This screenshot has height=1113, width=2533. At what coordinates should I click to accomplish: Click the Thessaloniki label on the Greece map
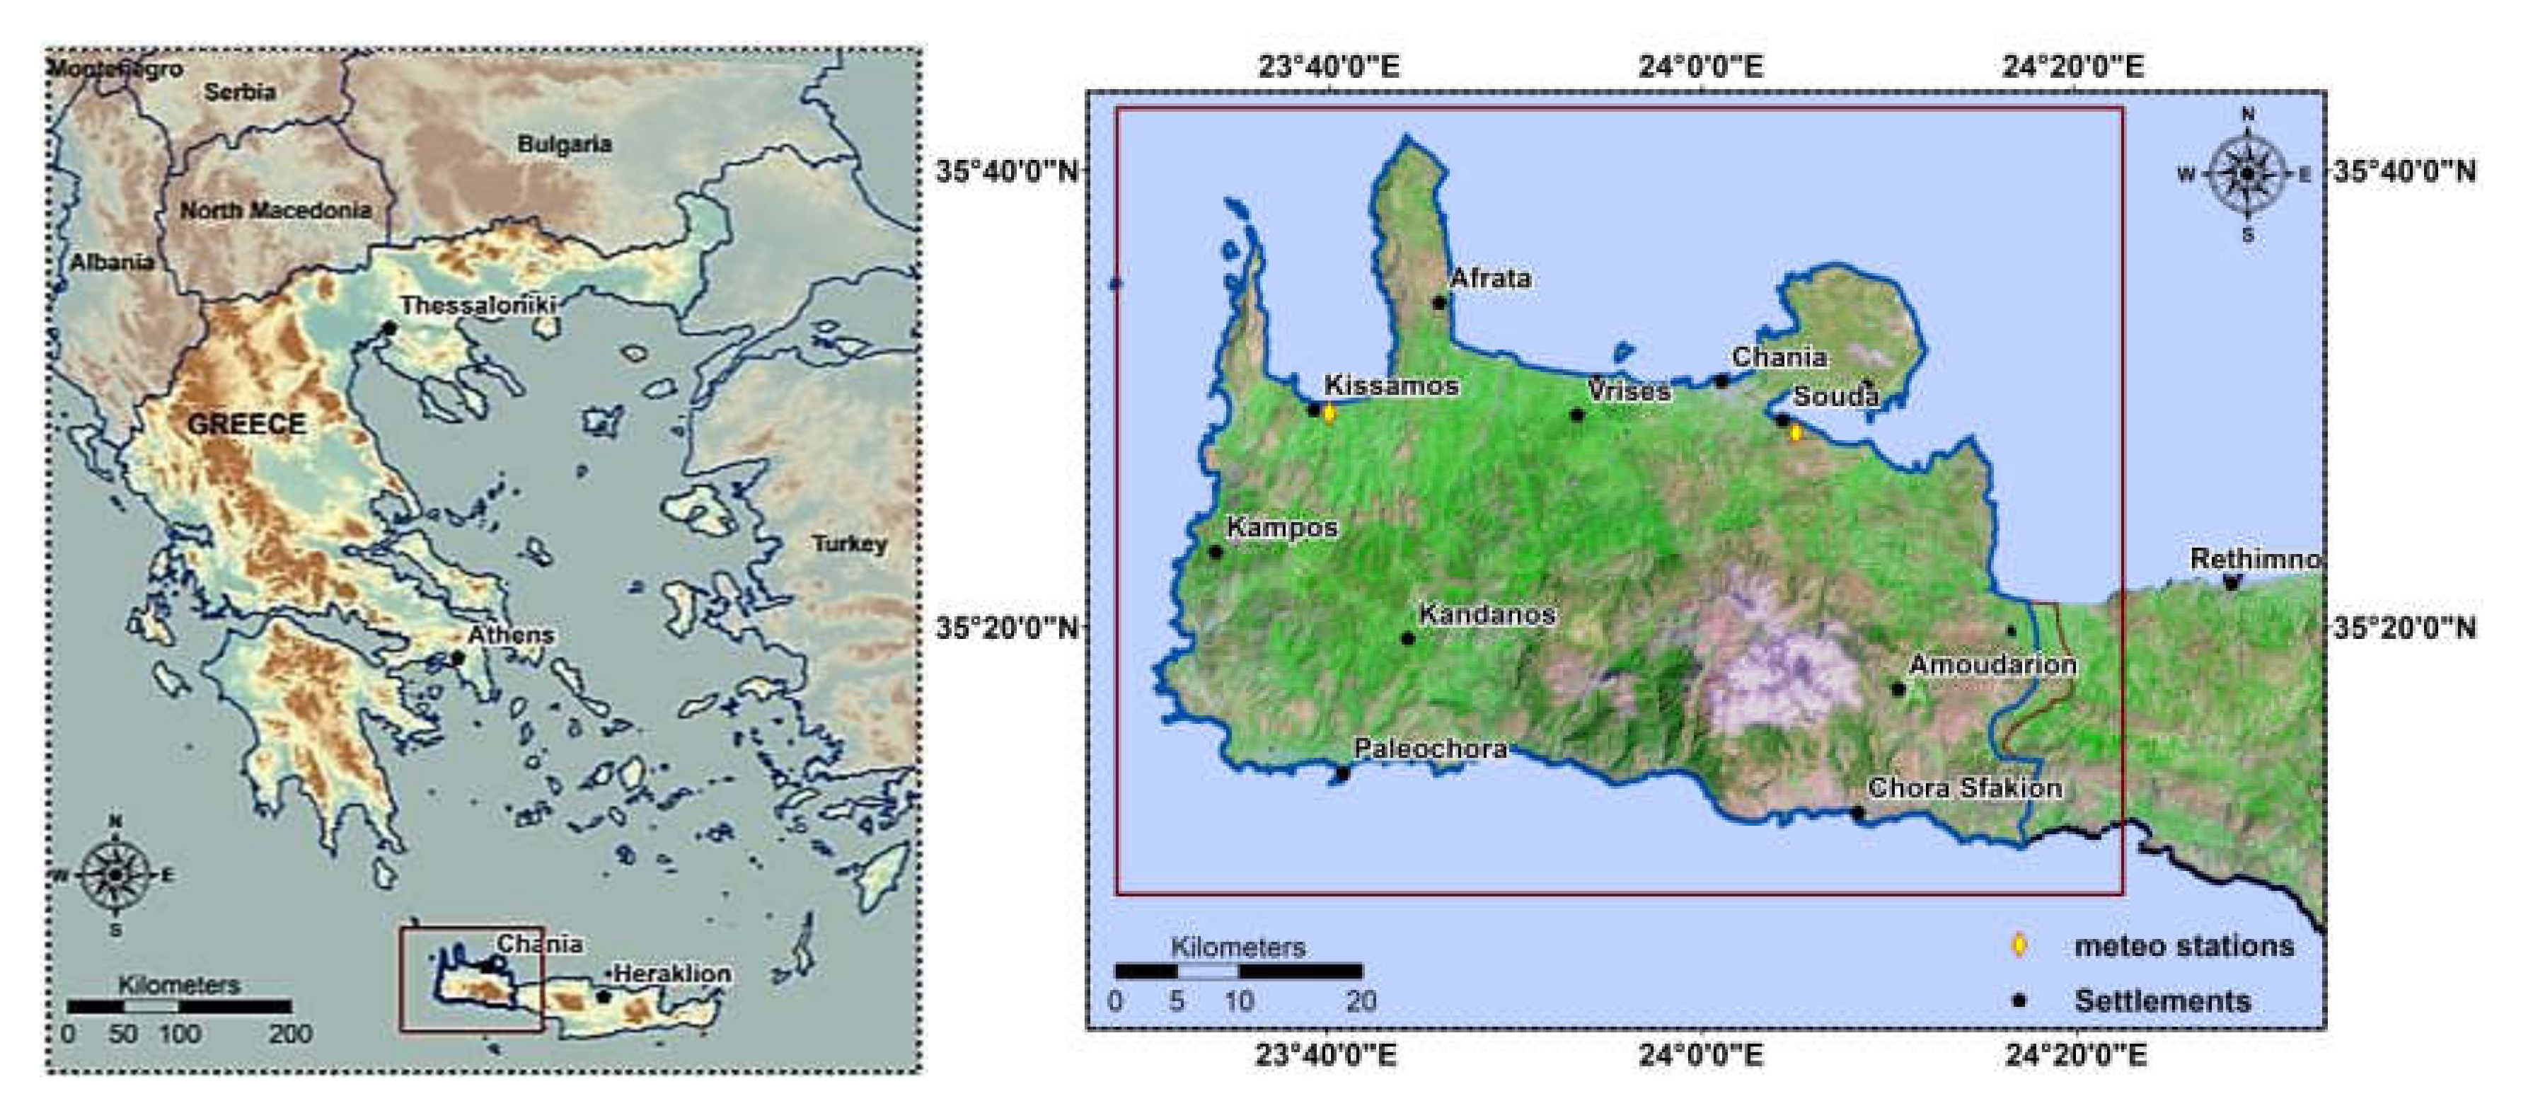click(x=478, y=306)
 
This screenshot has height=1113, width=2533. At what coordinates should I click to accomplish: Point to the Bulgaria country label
click(x=565, y=144)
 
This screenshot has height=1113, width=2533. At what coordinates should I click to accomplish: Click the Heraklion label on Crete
click(x=673, y=974)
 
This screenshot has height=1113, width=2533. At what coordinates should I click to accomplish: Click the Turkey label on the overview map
click(x=850, y=543)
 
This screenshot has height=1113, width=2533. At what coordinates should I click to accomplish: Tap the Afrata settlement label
click(x=1491, y=278)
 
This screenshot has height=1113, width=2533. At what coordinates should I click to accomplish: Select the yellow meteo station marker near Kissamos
click(x=1329, y=413)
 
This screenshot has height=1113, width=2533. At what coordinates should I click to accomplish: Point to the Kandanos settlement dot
click(x=1407, y=639)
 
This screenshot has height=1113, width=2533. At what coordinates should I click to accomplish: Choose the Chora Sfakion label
click(x=1965, y=788)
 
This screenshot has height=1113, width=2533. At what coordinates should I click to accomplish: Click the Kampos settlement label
click(x=1282, y=528)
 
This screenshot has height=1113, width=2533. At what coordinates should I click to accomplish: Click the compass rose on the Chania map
click(x=2248, y=174)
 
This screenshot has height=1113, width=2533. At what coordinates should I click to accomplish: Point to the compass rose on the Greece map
click(x=116, y=873)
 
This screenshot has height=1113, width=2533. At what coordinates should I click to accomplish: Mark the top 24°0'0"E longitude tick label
click(x=1701, y=67)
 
